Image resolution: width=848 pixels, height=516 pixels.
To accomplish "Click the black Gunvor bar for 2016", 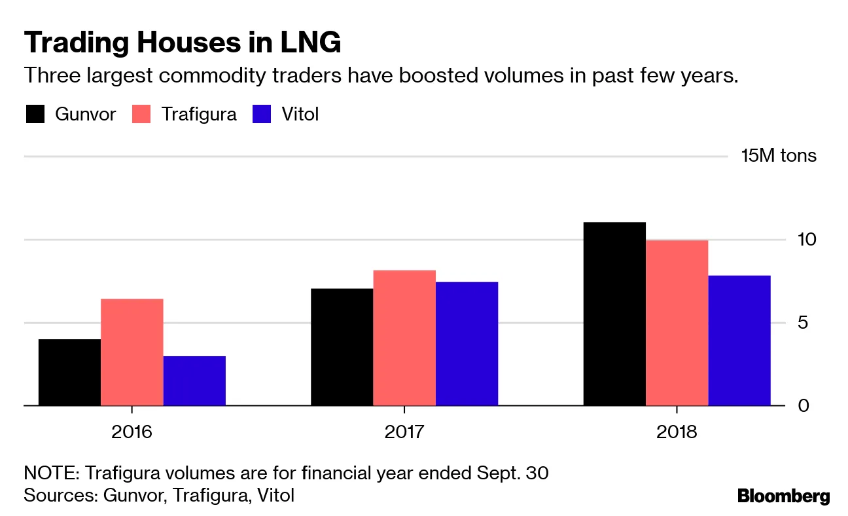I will click(x=69, y=372).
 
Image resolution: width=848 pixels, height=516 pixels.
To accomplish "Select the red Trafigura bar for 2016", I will click(x=132, y=352).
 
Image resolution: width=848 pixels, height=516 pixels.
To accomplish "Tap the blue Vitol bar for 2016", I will click(x=194, y=380).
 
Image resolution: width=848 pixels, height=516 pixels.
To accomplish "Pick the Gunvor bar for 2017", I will click(x=342, y=347).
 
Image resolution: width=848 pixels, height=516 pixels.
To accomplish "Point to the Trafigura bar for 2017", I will click(x=404, y=338).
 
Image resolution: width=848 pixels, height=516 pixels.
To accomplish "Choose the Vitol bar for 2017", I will click(x=467, y=344).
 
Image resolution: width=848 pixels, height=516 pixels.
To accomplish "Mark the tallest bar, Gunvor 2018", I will click(x=614, y=314).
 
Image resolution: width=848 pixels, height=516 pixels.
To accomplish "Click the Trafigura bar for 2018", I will click(x=677, y=323).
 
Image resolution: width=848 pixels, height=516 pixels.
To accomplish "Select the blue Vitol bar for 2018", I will click(x=739, y=341).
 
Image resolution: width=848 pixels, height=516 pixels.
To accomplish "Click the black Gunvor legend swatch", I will click(x=35, y=114).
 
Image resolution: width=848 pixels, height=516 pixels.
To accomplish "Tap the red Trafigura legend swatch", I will click(x=142, y=114).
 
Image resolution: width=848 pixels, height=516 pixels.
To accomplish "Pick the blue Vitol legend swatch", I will click(x=261, y=114).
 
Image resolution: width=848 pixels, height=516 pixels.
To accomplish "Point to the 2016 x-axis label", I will click(x=132, y=432).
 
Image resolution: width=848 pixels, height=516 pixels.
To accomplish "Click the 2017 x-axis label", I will click(x=404, y=432).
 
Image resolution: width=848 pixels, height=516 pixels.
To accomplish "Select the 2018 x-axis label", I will click(x=677, y=432).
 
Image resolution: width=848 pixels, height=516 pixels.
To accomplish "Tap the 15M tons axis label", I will click(x=779, y=156).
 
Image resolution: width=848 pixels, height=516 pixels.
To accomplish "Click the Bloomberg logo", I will click(x=783, y=496).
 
